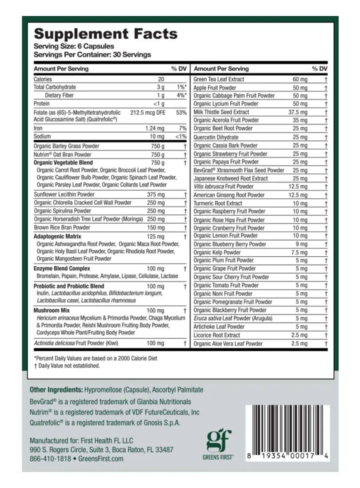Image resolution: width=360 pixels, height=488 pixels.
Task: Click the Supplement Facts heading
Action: click(x=106, y=34)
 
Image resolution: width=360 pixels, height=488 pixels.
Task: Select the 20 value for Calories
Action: click(x=161, y=79)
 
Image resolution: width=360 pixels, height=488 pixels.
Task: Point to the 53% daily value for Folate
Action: click(x=181, y=113)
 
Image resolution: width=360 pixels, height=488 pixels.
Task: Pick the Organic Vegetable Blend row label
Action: click(x=63, y=162)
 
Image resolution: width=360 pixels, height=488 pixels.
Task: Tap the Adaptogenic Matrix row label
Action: click(x=57, y=236)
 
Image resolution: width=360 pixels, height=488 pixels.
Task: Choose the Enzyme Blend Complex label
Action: click(x=62, y=268)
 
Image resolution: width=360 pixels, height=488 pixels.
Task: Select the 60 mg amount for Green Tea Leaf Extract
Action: click(x=300, y=79)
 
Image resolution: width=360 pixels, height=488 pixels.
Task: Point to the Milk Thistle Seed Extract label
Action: click(x=221, y=112)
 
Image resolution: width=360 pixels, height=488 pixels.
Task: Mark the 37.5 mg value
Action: click(x=298, y=112)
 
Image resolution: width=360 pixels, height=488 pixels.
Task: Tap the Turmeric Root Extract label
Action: click(x=218, y=203)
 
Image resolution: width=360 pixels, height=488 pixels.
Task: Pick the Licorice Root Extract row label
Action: click(x=217, y=335)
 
